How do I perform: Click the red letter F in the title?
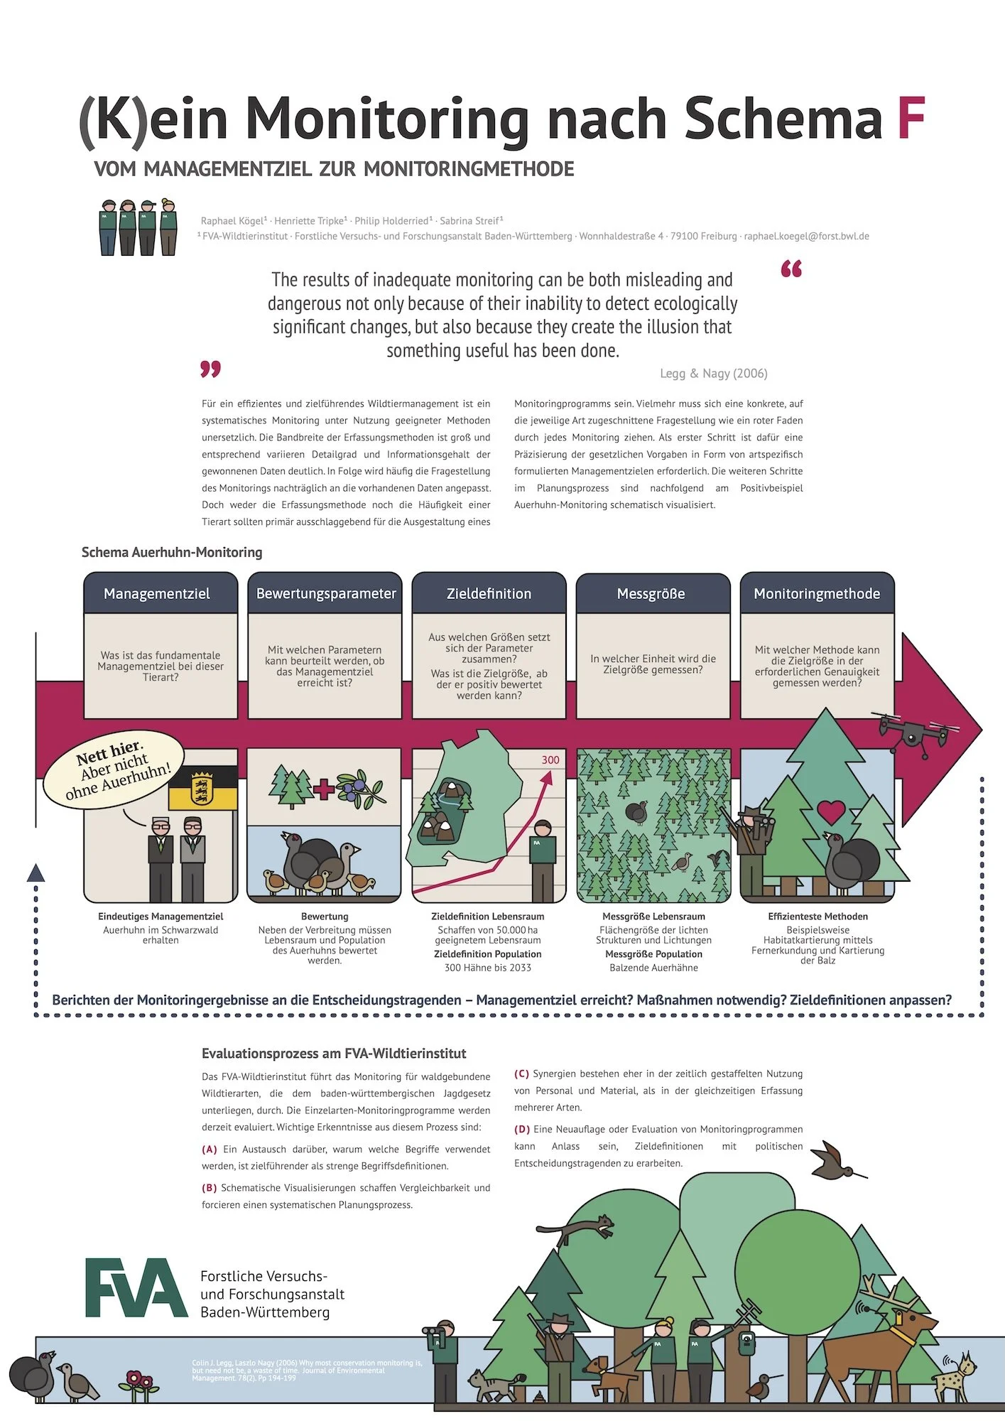tap(911, 119)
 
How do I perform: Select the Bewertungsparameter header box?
tap(325, 594)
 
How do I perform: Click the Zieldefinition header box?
tap(489, 594)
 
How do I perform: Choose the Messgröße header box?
tap(652, 594)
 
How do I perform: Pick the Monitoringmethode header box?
tap(817, 594)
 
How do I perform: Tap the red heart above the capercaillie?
tap(831, 811)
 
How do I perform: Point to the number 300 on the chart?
tap(550, 760)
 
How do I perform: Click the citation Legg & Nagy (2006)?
tap(713, 374)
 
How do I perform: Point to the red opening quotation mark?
tap(791, 269)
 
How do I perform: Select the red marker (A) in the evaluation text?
tap(210, 1149)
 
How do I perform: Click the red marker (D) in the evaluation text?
tap(522, 1129)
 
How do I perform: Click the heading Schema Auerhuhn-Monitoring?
tap(172, 552)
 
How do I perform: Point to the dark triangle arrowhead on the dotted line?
tap(36, 873)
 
